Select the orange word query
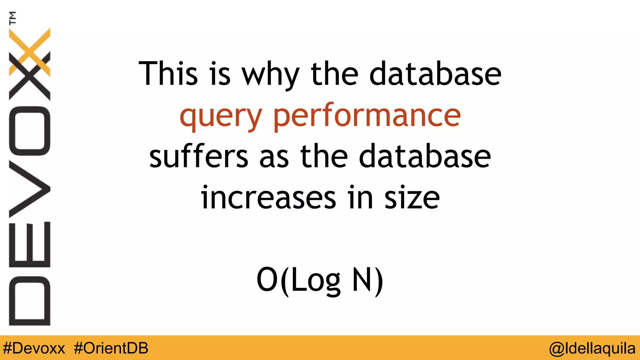point(221,116)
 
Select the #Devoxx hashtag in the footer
point(34,348)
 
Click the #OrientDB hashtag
point(111,348)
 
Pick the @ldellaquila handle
point(592,348)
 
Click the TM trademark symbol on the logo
point(12,18)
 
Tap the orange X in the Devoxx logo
point(30,52)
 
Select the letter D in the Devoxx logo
point(30,301)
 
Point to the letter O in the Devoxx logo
point(30,131)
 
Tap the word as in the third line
point(274,158)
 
